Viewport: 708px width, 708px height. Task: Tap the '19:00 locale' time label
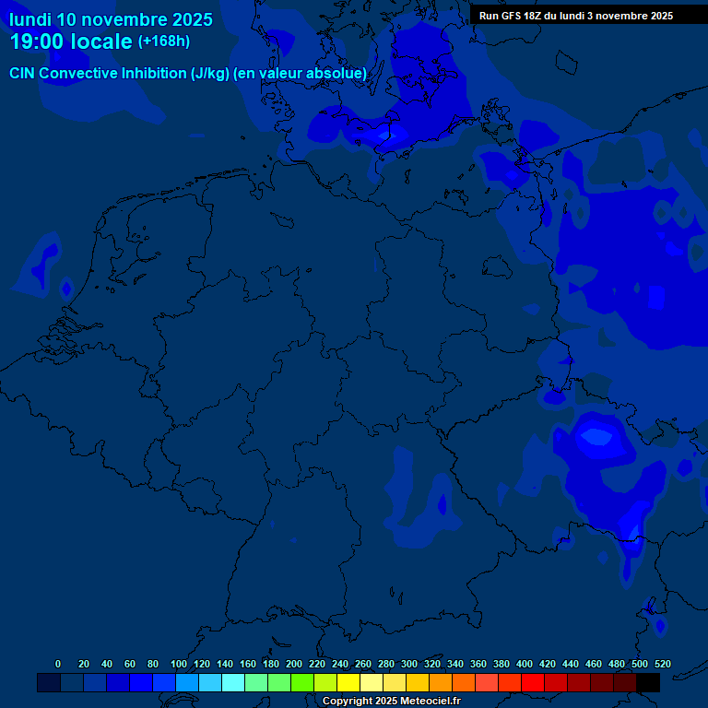pyautogui.click(x=71, y=42)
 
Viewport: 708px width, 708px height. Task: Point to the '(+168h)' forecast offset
pyautogui.click(x=163, y=41)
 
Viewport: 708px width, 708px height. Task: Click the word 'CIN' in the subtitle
pyautogui.click(x=22, y=73)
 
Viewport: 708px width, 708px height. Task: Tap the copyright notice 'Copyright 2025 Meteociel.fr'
pyautogui.click(x=391, y=702)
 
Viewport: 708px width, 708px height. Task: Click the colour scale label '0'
pyautogui.click(x=58, y=664)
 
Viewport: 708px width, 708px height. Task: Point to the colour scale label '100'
pyautogui.click(x=179, y=664)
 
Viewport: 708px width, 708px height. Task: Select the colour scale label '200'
pyautogui.click(x=294, y=664)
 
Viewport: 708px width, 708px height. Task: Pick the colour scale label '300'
pyautogui.click(x=409, y=664)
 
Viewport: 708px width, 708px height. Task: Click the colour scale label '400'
pyautogui.click(x=525, y=664)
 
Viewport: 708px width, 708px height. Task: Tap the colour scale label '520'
pyautogui.click(x=662, y=664)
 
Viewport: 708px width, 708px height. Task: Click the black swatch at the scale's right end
pyautogui.click(x=648, y=682)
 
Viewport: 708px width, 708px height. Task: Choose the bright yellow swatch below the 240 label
pyautogui.click(x=348, y=682)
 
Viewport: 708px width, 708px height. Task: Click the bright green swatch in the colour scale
pyautogui.click(x=302, y=682)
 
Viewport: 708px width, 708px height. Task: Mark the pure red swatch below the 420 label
pyautogui.click(x=533, y=682)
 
